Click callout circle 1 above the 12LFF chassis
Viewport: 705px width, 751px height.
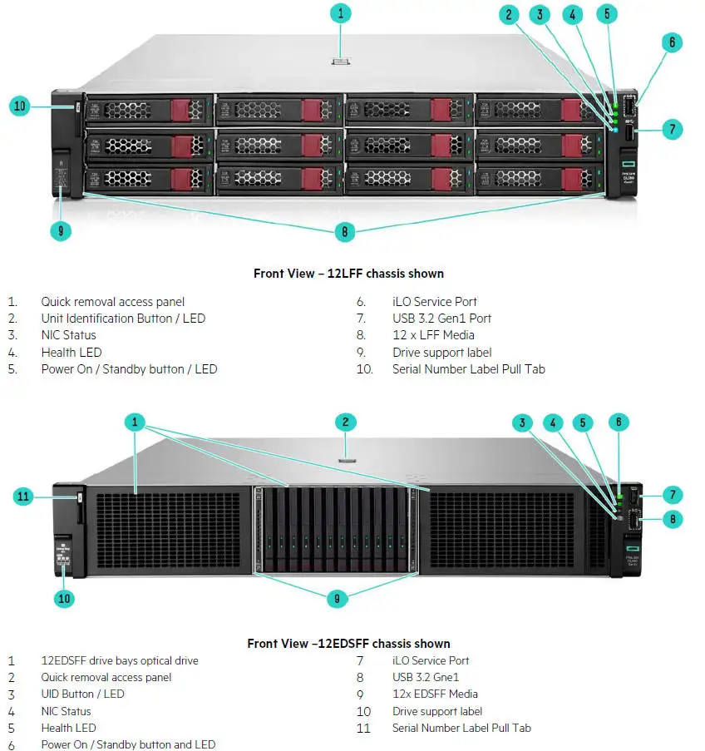click(x=340, y=13)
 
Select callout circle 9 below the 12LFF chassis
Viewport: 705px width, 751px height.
click(x=61, y=230)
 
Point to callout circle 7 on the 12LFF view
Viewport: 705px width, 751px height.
click(x=672, y=129)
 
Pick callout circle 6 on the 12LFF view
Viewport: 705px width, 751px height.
click(x=672, y=42)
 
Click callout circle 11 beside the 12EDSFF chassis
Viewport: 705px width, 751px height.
click(x=24, y=497)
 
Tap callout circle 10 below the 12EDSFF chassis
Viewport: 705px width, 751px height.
click(x=64, y=597)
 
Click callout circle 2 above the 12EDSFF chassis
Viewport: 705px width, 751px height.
click(x=345, y=422)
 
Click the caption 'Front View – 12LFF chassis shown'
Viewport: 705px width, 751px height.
click(x=348, y=274)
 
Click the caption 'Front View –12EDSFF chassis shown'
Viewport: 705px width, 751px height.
click(x=348, y=644)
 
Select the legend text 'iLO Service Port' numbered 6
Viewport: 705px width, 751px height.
click(x=435, y=302)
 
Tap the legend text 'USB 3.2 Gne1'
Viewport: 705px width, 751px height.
click(x=426, y=678)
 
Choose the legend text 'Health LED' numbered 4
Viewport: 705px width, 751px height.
click(x=71, y=353)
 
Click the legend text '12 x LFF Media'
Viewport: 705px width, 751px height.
click(x=433, y=335)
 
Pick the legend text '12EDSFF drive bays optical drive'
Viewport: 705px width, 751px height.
click(x=120, y=661)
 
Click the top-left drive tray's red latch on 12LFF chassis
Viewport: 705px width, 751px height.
click(x=180, y=111)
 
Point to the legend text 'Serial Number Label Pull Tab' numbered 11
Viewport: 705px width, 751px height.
click(x=461, y=729)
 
